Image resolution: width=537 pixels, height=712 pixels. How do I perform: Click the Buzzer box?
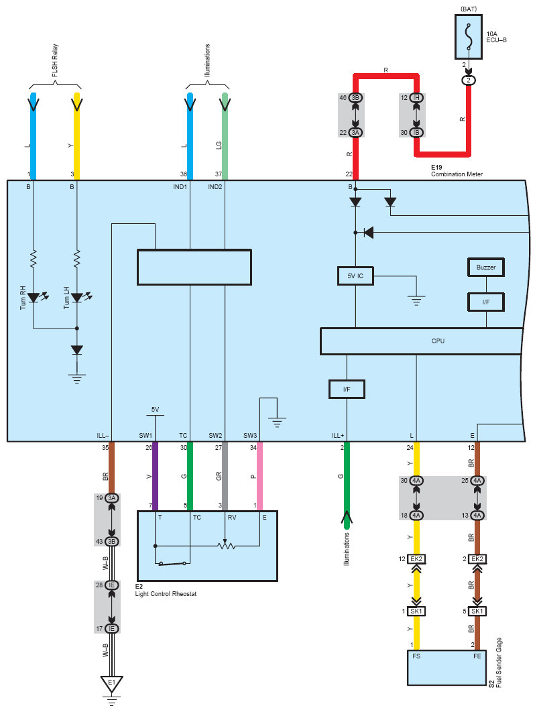tap(486, 268)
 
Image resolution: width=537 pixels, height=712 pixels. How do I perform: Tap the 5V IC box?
tap(355, 276)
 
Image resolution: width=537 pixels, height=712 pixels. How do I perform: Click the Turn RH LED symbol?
tap(34, 297)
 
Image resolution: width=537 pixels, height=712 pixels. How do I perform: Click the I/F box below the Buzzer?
tap(486, 302)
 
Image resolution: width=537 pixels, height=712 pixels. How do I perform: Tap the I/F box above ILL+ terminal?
tap(347, 389)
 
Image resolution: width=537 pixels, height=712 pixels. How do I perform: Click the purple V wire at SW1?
tap(155, 476)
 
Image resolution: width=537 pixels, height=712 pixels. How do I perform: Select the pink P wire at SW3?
tap(259, 476)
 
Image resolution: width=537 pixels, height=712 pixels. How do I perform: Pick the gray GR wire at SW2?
tap(225, 476)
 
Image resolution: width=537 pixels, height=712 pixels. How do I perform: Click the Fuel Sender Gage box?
tap(445, 667)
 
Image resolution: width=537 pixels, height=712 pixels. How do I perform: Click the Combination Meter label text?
tap(457, 174)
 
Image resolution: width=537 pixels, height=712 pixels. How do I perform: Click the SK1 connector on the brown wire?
tap(477, 611)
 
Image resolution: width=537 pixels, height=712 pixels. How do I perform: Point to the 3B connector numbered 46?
tap(355, 98)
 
